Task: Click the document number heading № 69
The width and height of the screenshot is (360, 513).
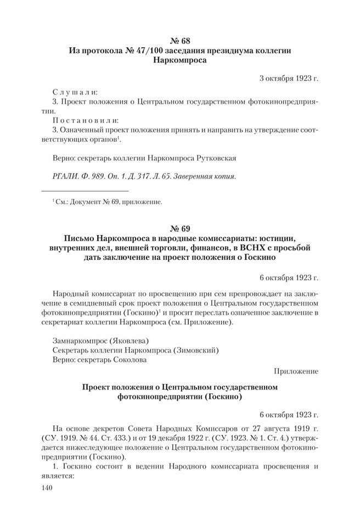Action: point(180,227)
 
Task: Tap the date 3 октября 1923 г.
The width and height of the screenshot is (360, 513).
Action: point(288,78)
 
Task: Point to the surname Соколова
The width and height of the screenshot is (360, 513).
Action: point(130,360)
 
